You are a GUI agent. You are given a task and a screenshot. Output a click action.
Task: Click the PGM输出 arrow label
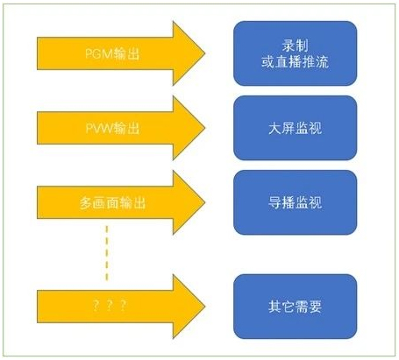(x=112, y=53)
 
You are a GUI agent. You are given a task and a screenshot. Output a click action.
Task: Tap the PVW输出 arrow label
(x=112, y=128)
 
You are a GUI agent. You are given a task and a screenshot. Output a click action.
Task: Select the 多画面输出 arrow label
(x=112, y=202)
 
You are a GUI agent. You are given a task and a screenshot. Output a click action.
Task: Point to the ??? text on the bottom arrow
(x=110, y=306)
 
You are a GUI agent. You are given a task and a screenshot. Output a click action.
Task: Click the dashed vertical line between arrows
(x=107, y=253)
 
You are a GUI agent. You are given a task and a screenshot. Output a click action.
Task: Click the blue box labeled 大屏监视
(x=295, y=128)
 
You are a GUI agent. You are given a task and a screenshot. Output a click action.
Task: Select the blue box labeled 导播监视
(x=295, y=202)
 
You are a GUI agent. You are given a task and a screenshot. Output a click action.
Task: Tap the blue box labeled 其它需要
(x=295, y=307)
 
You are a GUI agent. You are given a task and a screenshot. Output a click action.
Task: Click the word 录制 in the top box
(x=296, y=46)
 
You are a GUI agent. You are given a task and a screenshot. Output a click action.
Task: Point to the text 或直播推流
(x=295, y=62)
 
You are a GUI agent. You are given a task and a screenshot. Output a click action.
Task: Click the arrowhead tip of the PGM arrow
(x=205, y=53)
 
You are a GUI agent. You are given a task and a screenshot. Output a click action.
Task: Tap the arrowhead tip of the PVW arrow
(x=205, y=128)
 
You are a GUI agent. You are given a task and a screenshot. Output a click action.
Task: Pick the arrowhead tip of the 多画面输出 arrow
(x=205, y=202)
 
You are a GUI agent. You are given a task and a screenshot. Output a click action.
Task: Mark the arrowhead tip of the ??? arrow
(x=205, y=307)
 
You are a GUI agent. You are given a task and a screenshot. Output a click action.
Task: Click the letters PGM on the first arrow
(x=99, y=53)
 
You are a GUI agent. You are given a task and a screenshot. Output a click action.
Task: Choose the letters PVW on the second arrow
(x=99, y=128)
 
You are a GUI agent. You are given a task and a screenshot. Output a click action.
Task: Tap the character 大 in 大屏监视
(x=274, y=128)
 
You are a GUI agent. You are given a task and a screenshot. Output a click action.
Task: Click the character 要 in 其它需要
(x=316, y=307)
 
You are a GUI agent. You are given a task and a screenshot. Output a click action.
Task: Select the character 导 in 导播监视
(x=274, y=202)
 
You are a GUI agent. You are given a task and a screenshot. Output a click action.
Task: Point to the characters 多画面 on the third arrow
(x=99, y=202)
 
